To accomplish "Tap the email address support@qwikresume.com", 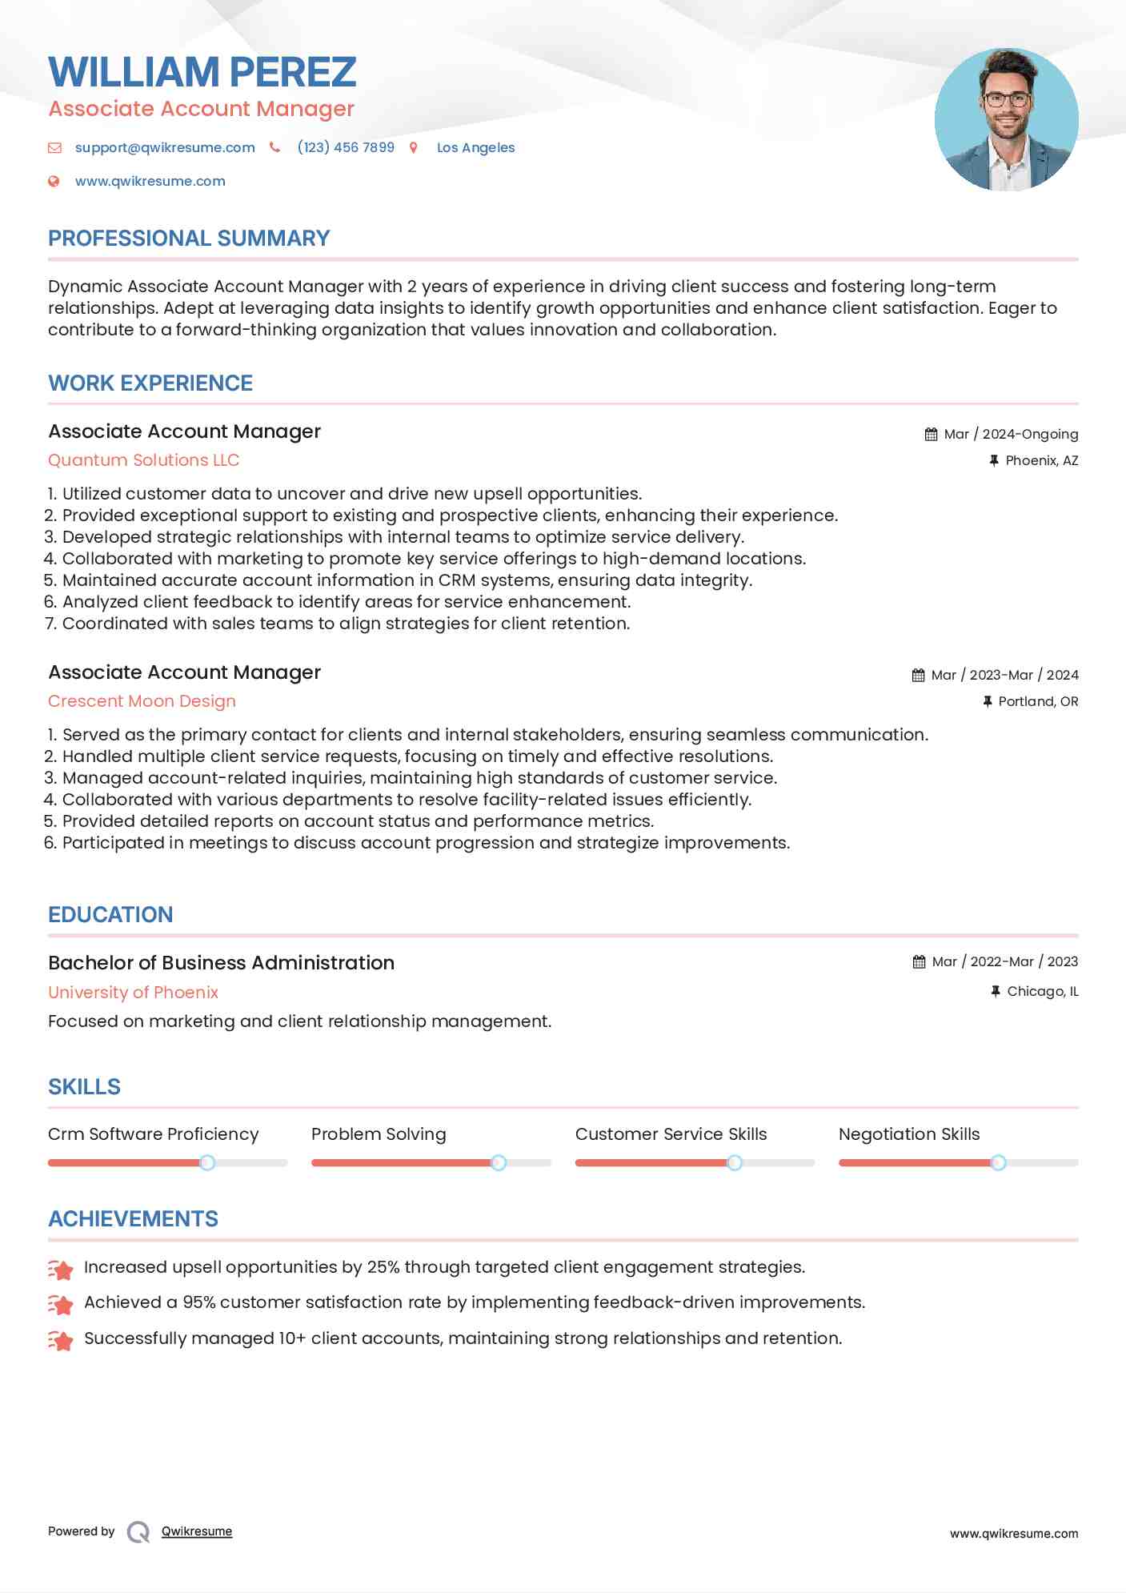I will tap(165, 147).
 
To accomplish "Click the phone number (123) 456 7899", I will tap(346, 147).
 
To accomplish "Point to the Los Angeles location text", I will tap(475, 147).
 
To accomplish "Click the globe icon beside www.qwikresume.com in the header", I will tap(54, 182).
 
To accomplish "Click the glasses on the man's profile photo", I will tap(1006, 100).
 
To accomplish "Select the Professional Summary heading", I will tap(189, 239).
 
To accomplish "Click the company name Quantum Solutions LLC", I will tap(143, 460).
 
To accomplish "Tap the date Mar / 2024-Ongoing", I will tap(1011, 434).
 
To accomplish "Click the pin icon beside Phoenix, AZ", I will tap(994, 460).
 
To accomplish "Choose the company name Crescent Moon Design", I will tap(142, 701).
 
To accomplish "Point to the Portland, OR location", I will tap(1038, 701).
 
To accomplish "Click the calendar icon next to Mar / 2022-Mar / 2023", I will tap(919, 962).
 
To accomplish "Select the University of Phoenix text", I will tap(133, 993).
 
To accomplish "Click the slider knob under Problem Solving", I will tap(499, 1162).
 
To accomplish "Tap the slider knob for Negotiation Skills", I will tap(998, 1162).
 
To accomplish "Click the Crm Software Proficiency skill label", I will tap(154, 1134).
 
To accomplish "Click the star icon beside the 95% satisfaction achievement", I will tap(61, 1304).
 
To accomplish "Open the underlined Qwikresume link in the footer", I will tap(197, 1531).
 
